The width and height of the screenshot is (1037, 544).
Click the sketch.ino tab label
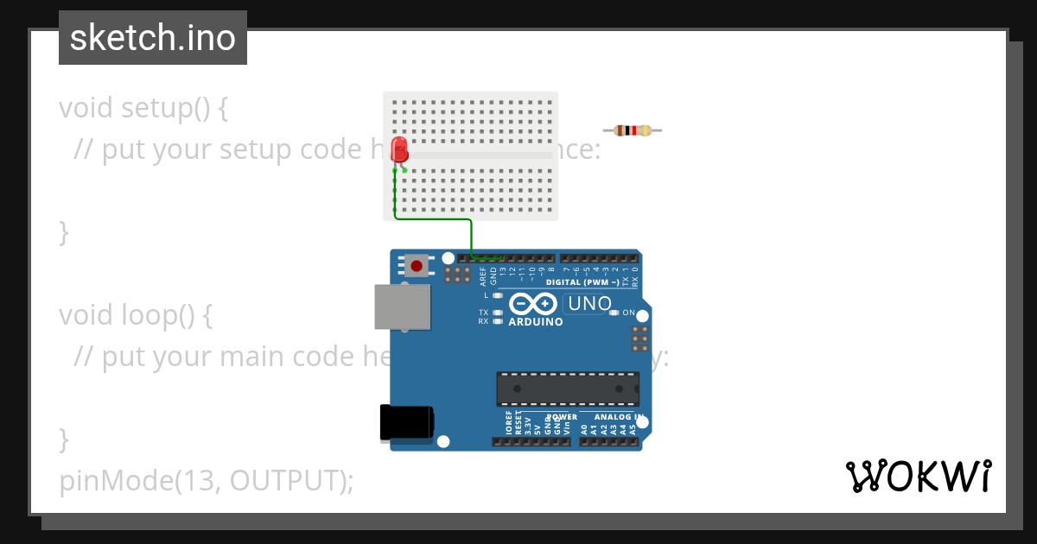tap(153, 38)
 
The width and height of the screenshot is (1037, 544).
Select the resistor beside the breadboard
tap(633, 130)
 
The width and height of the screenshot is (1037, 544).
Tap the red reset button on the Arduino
tap(417, 265)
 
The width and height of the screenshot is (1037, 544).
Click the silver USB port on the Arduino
tap(402, 307)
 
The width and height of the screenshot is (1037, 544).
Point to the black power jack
tap(406, 424)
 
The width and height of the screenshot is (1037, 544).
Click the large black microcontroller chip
tap(568, 389)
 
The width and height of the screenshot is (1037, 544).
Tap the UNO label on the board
tap(588, 304)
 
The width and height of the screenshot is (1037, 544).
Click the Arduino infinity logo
tap(532, 304)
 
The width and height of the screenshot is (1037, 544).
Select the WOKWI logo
tap(917, 477)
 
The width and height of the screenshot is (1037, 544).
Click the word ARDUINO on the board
tap(535, 322)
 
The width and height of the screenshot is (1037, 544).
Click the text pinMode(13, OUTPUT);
tap(207, 481)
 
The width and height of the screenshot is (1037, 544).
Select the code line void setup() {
tap(143, 108)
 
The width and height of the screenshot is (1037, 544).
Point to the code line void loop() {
tap(136, 315)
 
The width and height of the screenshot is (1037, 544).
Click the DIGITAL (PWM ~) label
tap(582, 282)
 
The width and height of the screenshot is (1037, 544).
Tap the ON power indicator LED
tap(614, 313)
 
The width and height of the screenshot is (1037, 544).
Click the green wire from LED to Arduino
tap(471, 233)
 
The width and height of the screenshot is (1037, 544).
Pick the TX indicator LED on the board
tap(497, 313)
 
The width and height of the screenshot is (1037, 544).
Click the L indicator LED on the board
tap(497, 295)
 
